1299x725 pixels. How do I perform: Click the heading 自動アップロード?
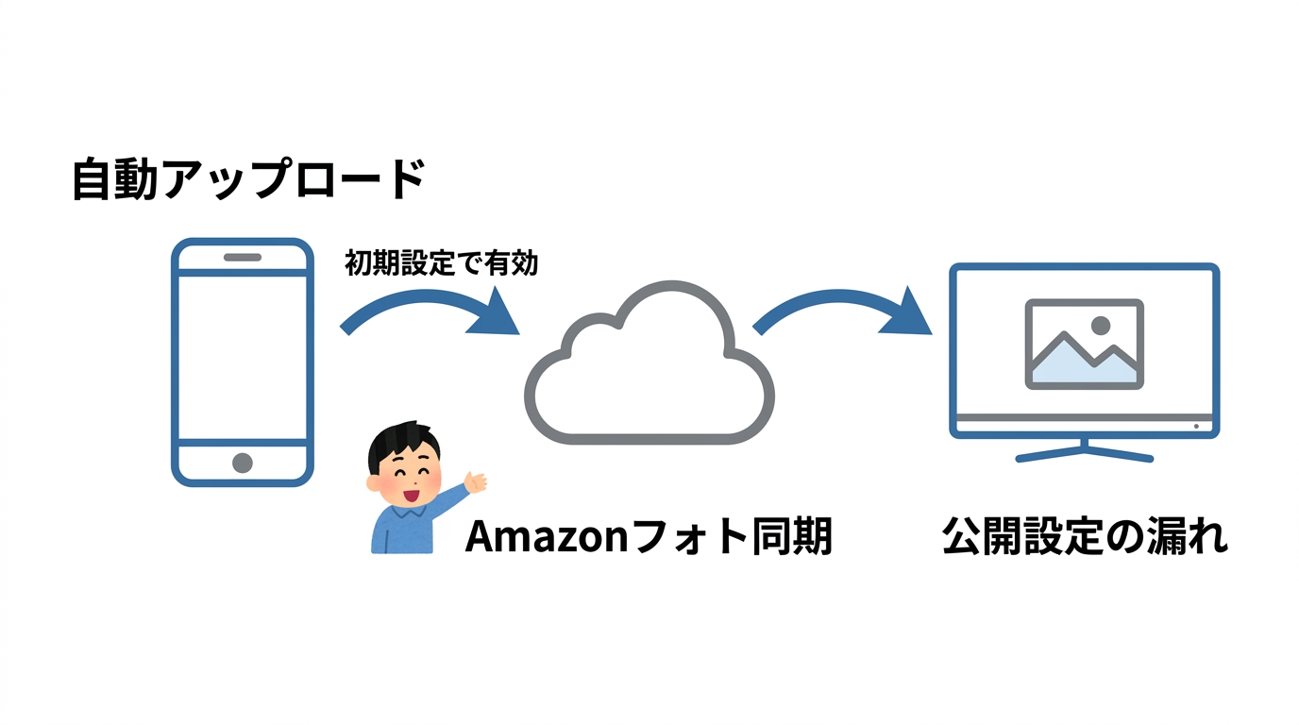coord(248,179)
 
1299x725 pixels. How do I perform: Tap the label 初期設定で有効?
coord(441,263)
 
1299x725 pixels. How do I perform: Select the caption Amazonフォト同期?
coord(649,537)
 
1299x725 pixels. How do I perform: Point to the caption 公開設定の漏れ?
coord(1085,537)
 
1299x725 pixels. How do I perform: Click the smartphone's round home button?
coord(243,463)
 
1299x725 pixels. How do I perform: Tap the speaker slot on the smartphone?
coord(243,257)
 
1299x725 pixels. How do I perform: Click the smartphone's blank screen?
coord(243,357)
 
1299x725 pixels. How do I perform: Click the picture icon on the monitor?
coord(1085,344)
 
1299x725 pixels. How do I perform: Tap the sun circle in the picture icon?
coord(1100,325)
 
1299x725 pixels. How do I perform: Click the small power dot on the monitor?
coord(1196,426)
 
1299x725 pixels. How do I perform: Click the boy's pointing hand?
coord(476,483)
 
